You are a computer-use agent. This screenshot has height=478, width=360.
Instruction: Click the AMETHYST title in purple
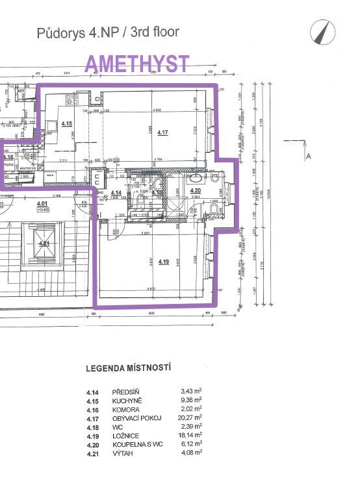click(x=138, y=64)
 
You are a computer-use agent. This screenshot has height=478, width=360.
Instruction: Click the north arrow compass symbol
click(x=320, y=31)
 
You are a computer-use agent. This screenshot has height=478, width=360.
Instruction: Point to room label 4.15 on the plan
click(x=67, y=123)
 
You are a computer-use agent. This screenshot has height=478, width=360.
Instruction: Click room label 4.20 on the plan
click(x=196, y=190)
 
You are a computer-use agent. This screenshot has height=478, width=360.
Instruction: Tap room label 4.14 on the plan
click(x=116, y=193)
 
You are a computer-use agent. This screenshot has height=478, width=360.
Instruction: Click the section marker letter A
click(x=309, y=156)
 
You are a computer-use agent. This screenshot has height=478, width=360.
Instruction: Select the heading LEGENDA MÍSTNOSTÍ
click(x=129, y=368)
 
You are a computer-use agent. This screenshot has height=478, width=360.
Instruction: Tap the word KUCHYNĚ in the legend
click(x=127, y=400)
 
